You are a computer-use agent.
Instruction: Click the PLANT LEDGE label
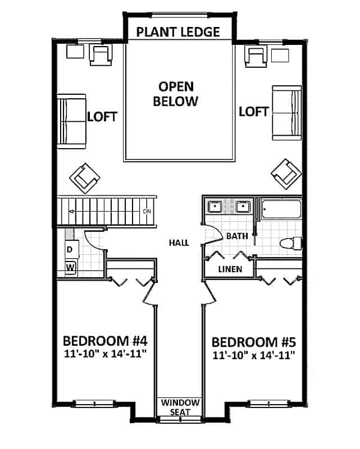coord(178,31)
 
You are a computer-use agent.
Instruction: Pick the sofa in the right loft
coord(287,112)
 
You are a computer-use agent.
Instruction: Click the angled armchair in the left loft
coord(84,177)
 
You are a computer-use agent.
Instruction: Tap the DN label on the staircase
coord(148,211)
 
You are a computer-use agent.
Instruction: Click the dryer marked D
coord(70,249)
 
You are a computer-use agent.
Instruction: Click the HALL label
coord(179,243)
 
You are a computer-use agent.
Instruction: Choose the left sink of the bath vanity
coord(215,207)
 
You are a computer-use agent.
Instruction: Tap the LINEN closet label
coord(230,269)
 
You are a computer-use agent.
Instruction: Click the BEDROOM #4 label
coord(105,341)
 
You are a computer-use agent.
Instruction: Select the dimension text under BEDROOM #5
coord(253,355)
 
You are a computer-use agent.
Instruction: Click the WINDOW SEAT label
coord(180,407)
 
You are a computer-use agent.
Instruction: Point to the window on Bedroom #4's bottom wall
coord(94,402)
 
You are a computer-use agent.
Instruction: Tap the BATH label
coord(236,236)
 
